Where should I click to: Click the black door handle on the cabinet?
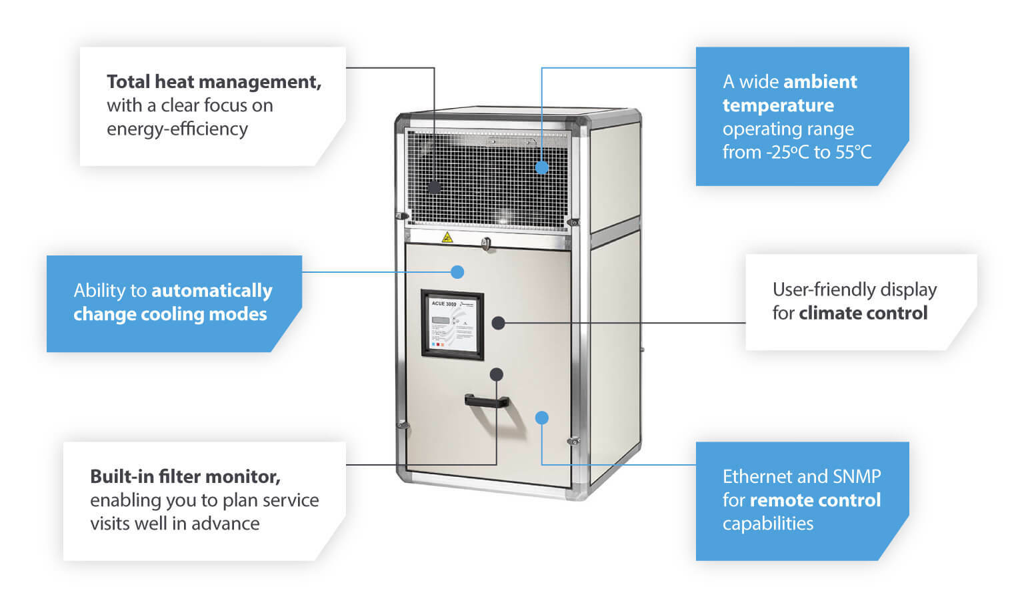coord(487,401)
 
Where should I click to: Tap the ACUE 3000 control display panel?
coord(452,324)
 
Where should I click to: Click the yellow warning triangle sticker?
coord(447,237)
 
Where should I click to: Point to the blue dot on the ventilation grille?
coord(542,167)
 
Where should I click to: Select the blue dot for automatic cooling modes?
coord(457,272)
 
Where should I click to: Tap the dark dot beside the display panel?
coord(498,323)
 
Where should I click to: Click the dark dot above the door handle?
coord(497,374)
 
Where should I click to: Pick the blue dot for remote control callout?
coord(542,418)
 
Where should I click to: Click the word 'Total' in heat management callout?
coord(129,81)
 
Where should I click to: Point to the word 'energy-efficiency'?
coord(177,129)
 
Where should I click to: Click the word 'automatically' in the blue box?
coord(212,291)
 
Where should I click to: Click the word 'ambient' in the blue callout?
coord(821,81)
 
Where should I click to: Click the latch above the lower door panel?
coord(487,243)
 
